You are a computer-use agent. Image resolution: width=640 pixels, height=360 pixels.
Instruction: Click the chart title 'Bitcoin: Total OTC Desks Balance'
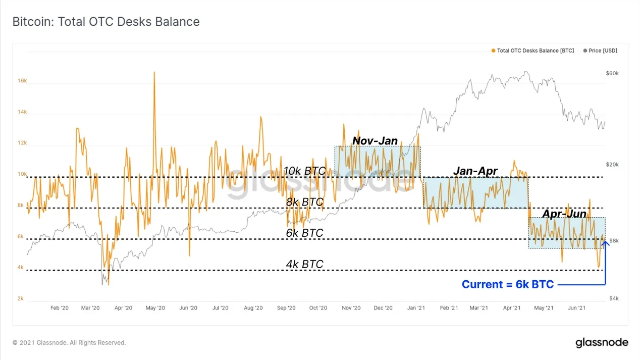pyautogui.click(x=106, y=22)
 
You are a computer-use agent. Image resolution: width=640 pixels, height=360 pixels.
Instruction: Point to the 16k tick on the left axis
pyautogui.click(x=22, y=81)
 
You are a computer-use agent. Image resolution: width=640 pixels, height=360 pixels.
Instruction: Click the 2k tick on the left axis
pyautogui.click(x=20, y=299)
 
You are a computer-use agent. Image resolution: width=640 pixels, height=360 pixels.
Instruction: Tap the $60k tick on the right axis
pyautogui.click(x=612, y=74)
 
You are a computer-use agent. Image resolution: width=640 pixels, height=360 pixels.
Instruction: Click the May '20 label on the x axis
pyautogui.click(x=155, y=307)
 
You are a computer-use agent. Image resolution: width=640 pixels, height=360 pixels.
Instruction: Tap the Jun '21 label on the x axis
pyautogui.click(x=577, y=307)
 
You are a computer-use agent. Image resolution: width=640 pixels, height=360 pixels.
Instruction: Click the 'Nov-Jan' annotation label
pyautogui.click(x=375, y=141)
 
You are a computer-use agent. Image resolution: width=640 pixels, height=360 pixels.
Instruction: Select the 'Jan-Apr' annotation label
pyautogui.click(x=475, y=171)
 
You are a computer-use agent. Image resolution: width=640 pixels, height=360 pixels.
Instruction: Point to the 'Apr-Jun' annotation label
pyautogui.click(x=564, y=214)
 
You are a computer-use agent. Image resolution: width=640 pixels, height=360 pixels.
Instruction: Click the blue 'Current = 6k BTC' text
pyautogui.click(x=508, y=285)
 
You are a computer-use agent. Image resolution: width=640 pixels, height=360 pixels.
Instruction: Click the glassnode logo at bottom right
pyautogui.click(x=602, y=343)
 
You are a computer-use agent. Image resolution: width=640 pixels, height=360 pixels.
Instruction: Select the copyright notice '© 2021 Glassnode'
pyautogui.click(x=69, y=343)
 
